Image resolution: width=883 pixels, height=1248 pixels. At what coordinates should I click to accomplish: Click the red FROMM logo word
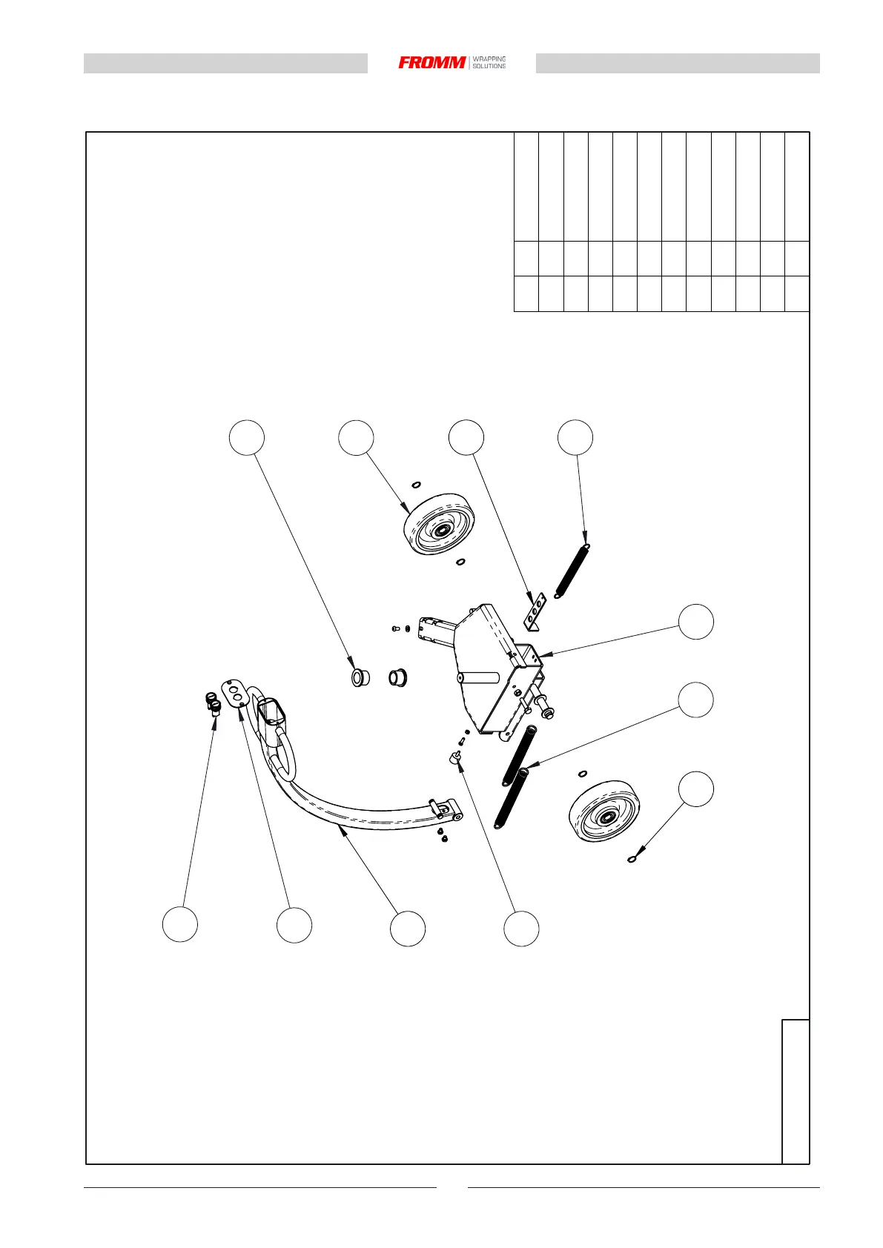tap(432, 63)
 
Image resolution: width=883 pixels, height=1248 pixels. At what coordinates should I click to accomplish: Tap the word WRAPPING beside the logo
tap(489, 59)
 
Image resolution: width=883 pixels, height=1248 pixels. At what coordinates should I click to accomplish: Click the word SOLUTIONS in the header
tap(489, 67)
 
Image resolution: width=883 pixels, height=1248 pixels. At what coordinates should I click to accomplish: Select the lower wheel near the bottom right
tap(603, 810)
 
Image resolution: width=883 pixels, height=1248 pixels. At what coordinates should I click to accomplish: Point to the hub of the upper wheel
tap(443, 531)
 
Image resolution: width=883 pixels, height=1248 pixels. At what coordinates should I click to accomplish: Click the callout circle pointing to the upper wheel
tap(356, 438)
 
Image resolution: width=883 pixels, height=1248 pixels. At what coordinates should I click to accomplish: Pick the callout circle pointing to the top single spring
tap(575, 437)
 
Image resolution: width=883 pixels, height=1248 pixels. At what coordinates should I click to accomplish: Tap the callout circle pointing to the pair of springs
tap(696, 700)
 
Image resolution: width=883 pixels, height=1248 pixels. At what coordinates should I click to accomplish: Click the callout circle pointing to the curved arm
tap(408, 929)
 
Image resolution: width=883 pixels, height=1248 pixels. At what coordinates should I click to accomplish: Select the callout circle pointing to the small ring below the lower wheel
tap(696, 789)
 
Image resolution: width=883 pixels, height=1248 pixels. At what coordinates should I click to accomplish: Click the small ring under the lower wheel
tap(631, 860)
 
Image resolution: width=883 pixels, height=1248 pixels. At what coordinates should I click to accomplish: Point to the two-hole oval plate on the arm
tap(236, 692)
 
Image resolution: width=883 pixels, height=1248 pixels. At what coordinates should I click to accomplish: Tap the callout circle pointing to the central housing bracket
tap(696, 621)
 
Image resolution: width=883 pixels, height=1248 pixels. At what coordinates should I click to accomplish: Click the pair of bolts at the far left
tap(214, 700)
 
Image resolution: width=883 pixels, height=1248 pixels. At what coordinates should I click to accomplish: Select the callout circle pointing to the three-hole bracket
tap(466, 437)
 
